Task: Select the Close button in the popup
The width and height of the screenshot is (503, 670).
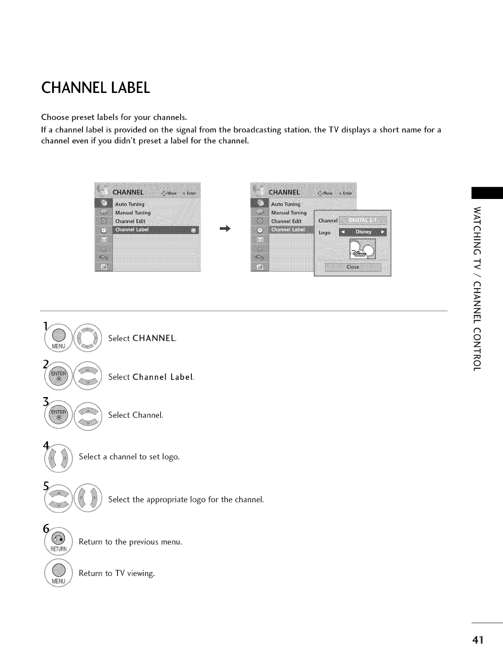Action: [x=353, y=267]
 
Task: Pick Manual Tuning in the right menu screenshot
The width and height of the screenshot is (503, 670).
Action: [x=289, y=212]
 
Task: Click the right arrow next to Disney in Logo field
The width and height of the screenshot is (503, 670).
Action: [x=383, y=232]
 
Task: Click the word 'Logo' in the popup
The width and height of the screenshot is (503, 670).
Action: [x=324, y=233]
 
